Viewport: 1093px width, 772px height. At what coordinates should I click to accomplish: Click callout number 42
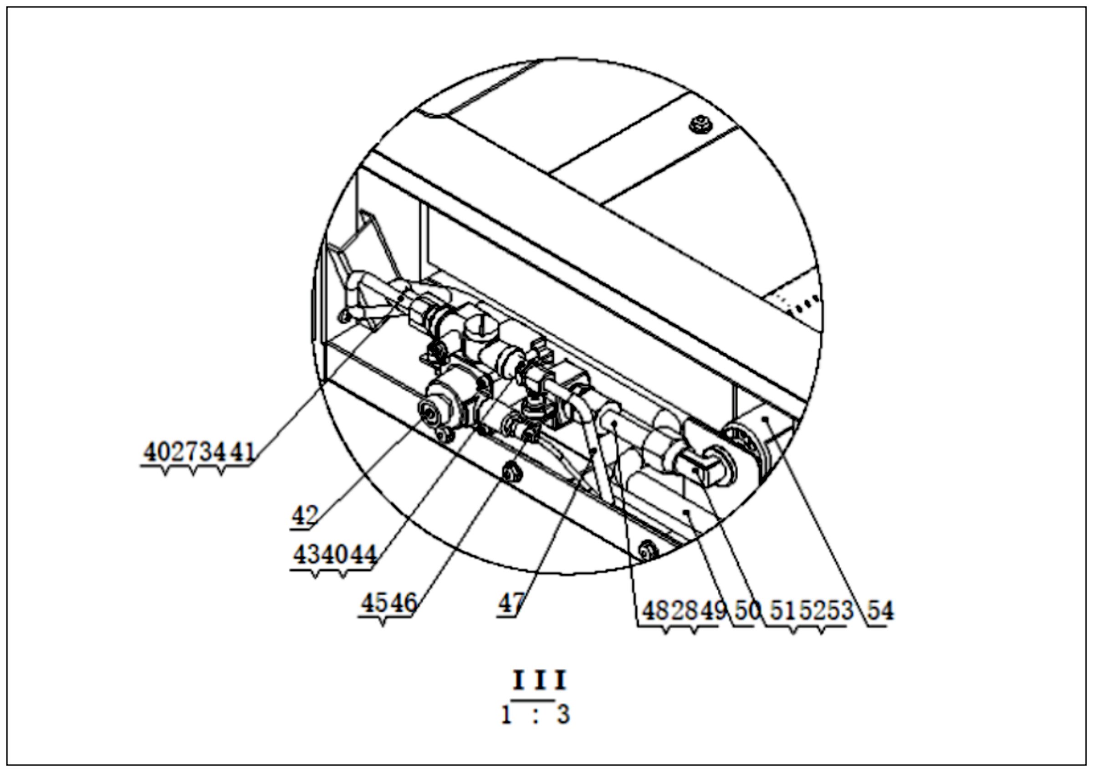tap(304, 515)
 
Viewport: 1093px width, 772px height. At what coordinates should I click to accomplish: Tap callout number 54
tap(881, 611)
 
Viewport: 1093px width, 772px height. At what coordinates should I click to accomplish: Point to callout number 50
tap(748, 611)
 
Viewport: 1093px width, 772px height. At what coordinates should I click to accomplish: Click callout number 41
tap(243, 452)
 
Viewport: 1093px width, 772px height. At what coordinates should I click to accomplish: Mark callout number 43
tap(306, 555)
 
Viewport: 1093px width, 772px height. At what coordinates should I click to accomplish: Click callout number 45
tap(374, 603)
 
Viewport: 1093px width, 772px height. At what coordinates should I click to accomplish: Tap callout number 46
tap(403, 603)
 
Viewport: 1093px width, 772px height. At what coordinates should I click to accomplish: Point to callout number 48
tap(656, 611)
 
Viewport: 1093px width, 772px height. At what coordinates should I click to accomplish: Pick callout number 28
tap(684, 611)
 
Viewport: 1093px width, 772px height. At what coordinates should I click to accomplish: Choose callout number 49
tap(714, 611)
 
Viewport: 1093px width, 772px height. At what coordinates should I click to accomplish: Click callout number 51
tap(784, 611)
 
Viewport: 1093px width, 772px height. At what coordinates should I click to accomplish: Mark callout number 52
tap(812, 611)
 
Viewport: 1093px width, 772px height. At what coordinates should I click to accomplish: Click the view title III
tap(539, 681)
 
